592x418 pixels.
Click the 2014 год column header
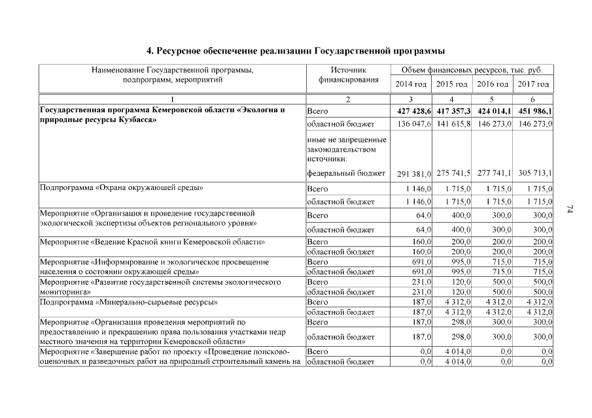coord(411,85)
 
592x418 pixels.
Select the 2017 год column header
coord(533,85)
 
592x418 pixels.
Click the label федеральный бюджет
coord(345,173)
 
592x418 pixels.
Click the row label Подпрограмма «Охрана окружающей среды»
coord(122,189)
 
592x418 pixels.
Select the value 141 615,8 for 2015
coord(452,123)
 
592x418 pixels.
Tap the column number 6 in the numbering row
coord(533,99)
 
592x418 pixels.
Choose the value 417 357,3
coord(452,111)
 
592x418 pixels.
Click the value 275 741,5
coord(452,173)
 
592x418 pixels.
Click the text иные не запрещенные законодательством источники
coord(346,149)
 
